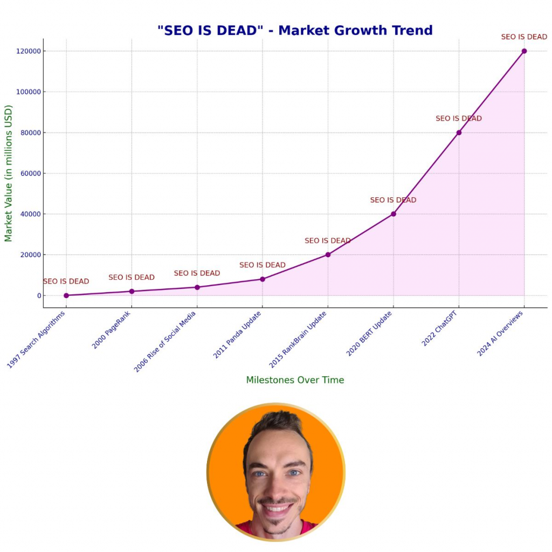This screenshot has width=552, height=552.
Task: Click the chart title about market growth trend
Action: pos(295,30)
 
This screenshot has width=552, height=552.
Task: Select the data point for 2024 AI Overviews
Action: pos(524,51)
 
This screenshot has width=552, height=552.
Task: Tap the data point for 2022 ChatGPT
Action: pos(459,133)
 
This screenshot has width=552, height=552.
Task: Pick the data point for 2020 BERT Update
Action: pos(394,214)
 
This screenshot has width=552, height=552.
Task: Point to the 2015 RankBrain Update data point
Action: pos(328,254)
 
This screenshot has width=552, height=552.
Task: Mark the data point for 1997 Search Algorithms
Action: pos(66,295)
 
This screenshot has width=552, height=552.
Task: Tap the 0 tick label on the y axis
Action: pos(38,295)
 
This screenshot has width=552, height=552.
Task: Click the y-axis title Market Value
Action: pos(9,173)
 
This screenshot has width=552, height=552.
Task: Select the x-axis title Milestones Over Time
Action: pos(295,380)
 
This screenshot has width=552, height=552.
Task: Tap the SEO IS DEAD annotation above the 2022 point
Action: pos(459,119)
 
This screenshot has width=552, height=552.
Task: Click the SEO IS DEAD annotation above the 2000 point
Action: pos(132,278)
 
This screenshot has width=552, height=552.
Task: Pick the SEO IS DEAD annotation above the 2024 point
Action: pos(524,37)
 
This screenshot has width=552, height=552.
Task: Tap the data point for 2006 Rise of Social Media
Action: pos(197,287)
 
